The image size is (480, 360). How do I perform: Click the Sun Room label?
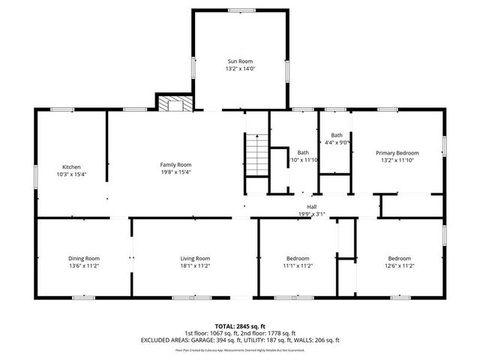coord(240,61)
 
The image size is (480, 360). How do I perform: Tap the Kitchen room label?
coord(71,166)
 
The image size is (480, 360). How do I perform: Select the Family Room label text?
coord(175,164)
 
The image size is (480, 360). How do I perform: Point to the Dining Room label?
coord(84,258)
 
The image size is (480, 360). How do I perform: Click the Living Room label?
coord(194,258)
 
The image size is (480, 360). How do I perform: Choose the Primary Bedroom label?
coord(397,152)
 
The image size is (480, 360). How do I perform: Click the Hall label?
coord(311,206)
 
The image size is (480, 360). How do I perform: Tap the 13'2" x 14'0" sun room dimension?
coord(240,69)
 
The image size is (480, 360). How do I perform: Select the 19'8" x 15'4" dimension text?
coord(175,172)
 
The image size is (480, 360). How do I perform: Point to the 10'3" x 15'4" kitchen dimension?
coord(71,174)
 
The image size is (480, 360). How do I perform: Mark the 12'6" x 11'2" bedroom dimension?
coord(400,265)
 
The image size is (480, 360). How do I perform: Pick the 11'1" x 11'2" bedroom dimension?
coord(297,265)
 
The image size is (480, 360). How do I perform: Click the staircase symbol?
coord(257,153)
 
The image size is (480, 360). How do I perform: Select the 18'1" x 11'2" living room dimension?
coord(194,265)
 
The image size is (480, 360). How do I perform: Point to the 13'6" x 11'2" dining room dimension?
coord(84,265)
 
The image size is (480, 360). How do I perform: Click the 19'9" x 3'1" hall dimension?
coord(311,214)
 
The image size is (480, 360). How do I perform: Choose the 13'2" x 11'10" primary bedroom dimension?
coord(397,160)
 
